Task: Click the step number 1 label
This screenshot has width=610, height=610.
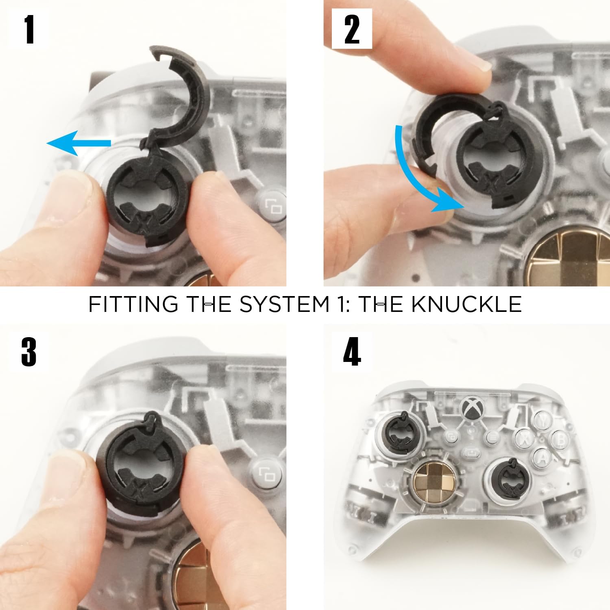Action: (x=29, y=29)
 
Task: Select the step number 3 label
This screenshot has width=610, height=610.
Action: (x=29, y=351)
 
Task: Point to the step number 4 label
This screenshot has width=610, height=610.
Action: (x=352, y=351)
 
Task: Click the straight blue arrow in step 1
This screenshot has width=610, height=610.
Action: (x=79, y=143)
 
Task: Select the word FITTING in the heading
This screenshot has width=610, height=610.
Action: (x=133, y=304)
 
